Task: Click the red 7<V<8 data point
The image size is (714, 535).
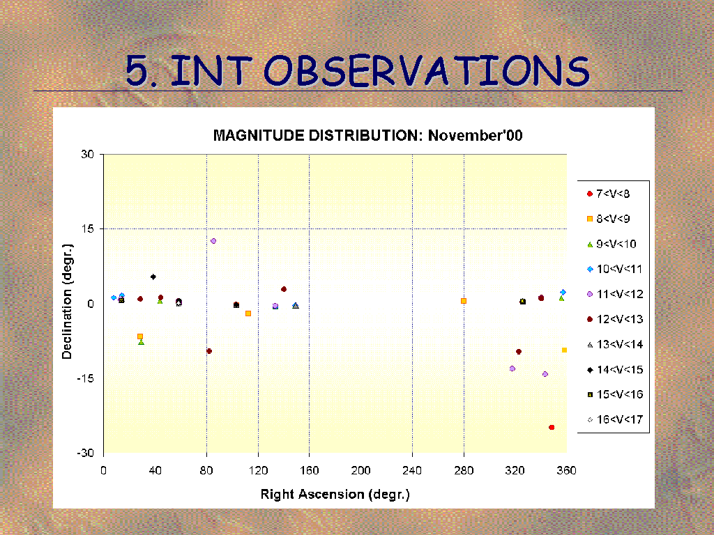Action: point(552,427)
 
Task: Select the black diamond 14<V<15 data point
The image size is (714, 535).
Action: point(153,277)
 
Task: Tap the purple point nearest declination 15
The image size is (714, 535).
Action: point(213,240)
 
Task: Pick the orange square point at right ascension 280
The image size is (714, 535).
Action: point(464,301)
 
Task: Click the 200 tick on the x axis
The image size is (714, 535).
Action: point(360,470)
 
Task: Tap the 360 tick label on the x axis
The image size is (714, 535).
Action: point(566,470)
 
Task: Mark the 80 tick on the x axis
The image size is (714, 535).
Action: point(206,470)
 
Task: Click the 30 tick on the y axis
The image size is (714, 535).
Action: point(87,154)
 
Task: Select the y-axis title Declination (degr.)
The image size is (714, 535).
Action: point(67,302)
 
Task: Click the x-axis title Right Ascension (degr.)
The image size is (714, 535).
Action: point(335,494)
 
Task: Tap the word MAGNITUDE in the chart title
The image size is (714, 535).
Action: point(259,136)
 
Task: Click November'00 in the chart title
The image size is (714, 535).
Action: point(476,136)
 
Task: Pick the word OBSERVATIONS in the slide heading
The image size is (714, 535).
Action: point(427,71)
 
